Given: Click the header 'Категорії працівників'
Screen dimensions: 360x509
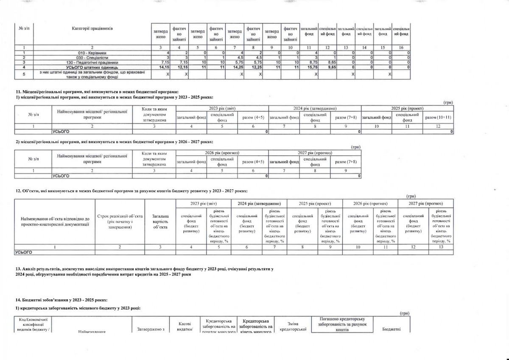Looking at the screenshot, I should tap(92, 28).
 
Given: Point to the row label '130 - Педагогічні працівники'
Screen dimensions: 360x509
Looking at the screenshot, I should tap(92, 62).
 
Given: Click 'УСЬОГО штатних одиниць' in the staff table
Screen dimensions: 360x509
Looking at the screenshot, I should tap(92, 67).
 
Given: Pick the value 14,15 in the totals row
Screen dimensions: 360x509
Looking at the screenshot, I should tap(164, 67).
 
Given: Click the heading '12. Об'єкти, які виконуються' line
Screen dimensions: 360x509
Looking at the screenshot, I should tap(131, 191).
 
